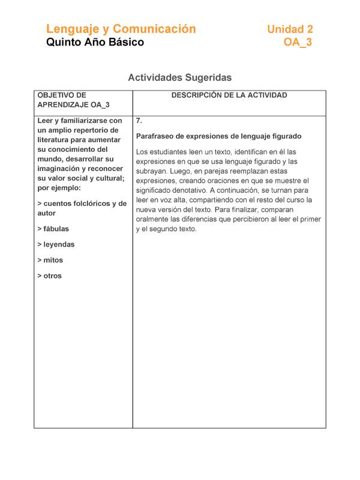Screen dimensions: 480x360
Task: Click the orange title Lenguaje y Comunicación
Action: pyautogui.click(x=121, y=29)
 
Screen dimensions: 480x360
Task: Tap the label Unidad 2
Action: pyautogui.click(x=290, y=29)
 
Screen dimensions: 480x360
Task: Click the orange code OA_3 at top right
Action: pyautogui.click(x=298, y=43)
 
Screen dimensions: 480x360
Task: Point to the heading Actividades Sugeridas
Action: pyautogui.click(x=179, y=77)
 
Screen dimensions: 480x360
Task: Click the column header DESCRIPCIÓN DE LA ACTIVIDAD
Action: pyautogui.click(x=229, y=95)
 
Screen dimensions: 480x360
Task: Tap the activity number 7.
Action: pyautogui.click(x=139, y=121)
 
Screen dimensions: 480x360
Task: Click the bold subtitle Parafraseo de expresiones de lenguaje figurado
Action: pyautogui.click(x=218, y=136)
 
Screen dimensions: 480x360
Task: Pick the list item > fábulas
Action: pyautogui.click(x=53, y=229)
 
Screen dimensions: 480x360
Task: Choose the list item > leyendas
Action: pyautogui.click(x=56, y=245)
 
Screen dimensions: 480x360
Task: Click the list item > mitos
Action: pyautogui.click(x=50, y=260)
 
